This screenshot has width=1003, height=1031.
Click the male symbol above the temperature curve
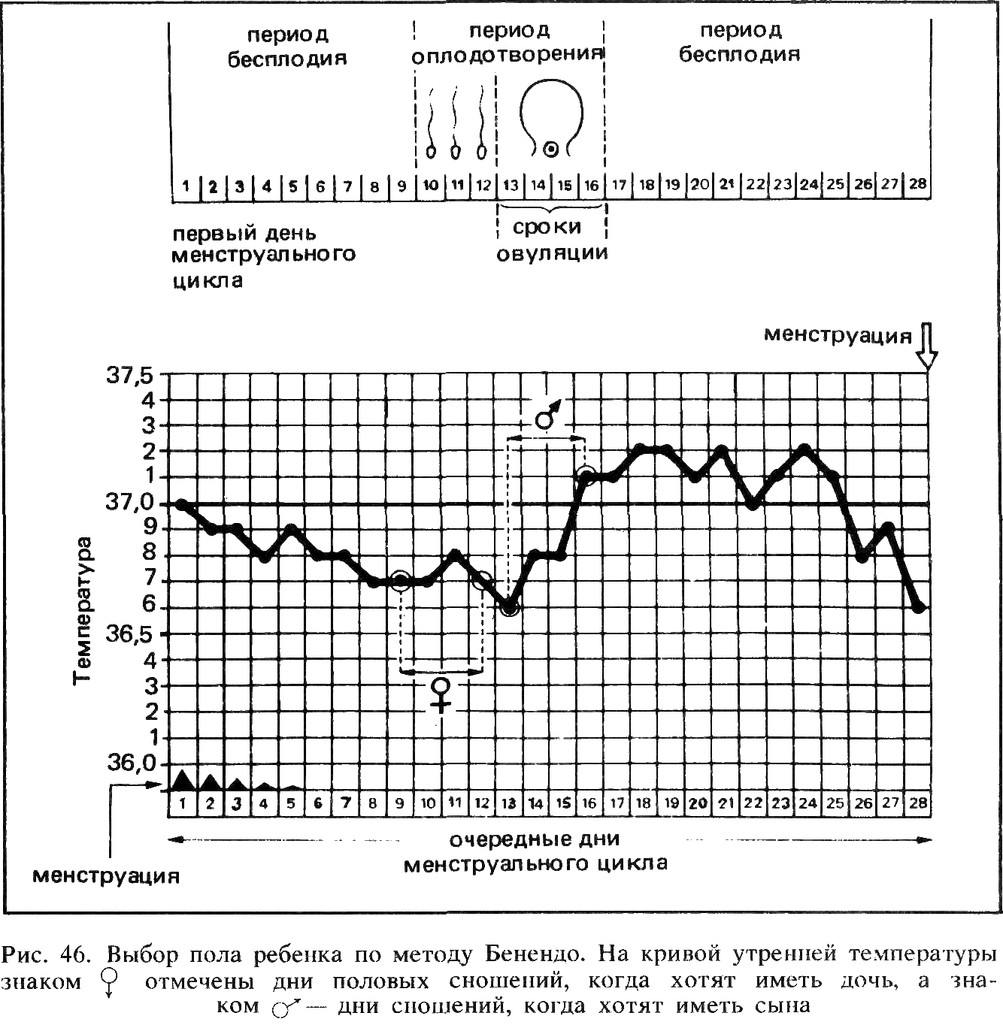point(547,416)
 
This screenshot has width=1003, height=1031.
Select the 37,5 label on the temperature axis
point(130,376)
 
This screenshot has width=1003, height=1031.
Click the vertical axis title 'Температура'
point(83,610)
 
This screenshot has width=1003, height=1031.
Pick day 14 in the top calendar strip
point(538,185)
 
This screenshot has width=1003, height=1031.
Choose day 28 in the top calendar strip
point(917,184)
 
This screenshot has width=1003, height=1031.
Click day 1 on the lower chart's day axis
point(183,804)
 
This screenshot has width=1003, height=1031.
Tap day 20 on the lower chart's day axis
point(698,803)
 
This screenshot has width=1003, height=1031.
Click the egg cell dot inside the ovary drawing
point(551,150)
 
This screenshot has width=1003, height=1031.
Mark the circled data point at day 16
point(587,475)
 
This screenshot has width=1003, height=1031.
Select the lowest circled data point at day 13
point(510,606)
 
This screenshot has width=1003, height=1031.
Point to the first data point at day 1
point(182,503)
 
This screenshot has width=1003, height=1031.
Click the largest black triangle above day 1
point(183,779)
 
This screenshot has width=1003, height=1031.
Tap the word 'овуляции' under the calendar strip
point(552,254)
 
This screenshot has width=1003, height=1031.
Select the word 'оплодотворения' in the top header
point(508,55)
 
